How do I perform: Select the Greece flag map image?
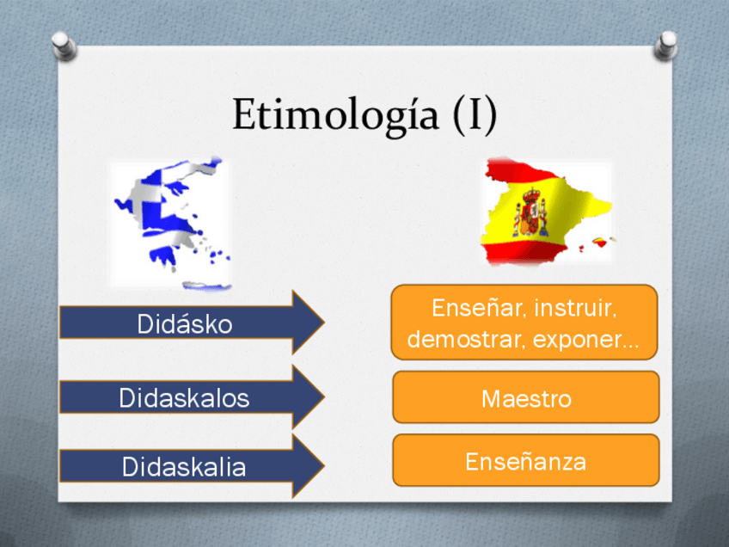click(173, 224)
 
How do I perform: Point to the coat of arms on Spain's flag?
click(531, 212)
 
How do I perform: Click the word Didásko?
click(185, 323)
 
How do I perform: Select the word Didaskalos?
click(184, 398)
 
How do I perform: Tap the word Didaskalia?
click(184, 466)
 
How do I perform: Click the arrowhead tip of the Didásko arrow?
click(324, 322)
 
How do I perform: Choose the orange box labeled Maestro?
click(526, 396)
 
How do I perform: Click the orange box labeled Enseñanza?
click(526, 460)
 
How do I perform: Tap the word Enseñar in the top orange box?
click(479, 307)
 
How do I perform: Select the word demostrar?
click(465, 339)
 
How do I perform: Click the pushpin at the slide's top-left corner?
click(64, 46)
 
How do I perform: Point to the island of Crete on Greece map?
click(207, 285)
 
